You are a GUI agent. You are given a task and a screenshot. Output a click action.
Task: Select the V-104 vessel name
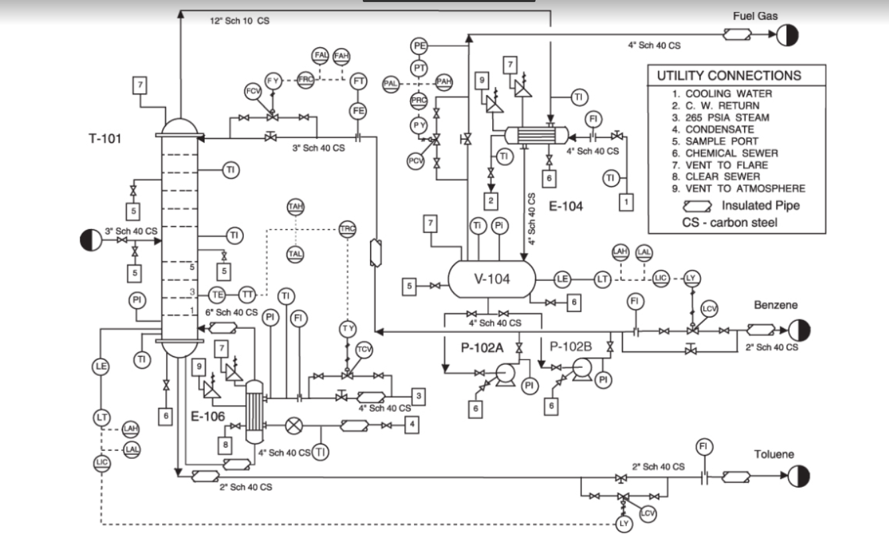[492, 279]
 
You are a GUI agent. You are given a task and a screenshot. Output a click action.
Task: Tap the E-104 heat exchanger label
[565, 206]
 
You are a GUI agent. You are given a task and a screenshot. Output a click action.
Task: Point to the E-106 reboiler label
[208, 416]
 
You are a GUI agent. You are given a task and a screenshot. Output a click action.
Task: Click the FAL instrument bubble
[321, 55]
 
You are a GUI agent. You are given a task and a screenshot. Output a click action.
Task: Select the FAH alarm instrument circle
[342, 55]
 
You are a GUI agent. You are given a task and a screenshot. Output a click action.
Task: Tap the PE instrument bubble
[419, 46]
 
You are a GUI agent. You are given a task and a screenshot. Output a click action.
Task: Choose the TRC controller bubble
[347, 228]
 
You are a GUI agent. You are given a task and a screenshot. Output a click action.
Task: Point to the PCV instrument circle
[416, 160]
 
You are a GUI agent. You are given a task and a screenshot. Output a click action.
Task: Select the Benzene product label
[775, 305]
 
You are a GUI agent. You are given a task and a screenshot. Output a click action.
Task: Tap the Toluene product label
[774, 455]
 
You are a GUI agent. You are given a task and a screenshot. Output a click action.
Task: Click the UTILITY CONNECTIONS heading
[729, 76]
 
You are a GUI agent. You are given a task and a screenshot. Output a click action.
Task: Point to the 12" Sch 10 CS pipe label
[240, 21]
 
